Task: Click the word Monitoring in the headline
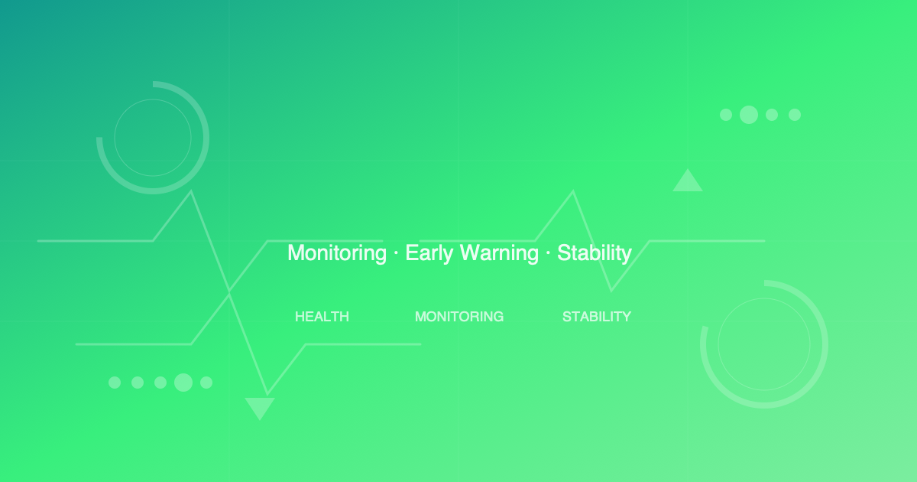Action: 337,253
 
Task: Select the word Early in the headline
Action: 429,253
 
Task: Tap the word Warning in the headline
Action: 499,253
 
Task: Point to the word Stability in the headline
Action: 595,253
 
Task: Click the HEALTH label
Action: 322,317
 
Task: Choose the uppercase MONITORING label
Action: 459,317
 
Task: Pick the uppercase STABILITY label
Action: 597,317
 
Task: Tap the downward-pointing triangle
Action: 260,406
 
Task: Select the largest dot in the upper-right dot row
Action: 749,115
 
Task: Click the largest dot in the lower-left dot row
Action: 183,383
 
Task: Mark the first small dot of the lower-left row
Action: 115,383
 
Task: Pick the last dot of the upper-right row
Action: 795,115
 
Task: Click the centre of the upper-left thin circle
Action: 153,138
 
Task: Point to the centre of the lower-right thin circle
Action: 764,344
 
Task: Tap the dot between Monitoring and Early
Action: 396,253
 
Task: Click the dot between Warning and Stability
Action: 548,253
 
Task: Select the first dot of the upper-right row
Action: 726,115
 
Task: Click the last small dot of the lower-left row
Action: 206,383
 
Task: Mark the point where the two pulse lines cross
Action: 229,292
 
